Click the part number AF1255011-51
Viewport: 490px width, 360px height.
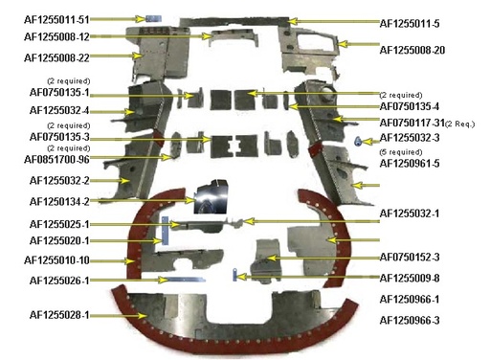(57, 19)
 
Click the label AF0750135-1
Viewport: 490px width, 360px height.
(59, 93)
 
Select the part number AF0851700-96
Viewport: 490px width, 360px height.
(58, 159)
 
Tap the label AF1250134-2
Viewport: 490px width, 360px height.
(59, 201)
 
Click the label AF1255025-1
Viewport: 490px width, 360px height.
(59, 223)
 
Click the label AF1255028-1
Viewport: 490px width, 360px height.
(59, 314)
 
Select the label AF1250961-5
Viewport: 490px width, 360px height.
(410, 164)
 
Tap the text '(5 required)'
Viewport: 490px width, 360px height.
(400, 151)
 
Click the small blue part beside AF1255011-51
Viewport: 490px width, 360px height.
(150, 18)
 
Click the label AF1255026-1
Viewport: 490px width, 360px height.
(59, 280)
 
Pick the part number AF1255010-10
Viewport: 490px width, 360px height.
(59, 259)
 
